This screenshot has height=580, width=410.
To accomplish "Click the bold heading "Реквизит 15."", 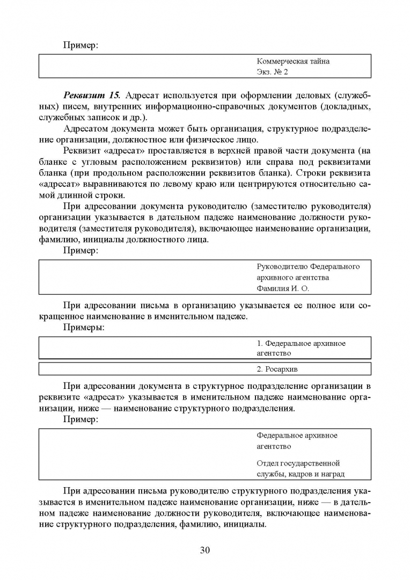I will [x=92, y=96].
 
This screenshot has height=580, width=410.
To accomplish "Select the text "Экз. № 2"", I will [x=273, y=71].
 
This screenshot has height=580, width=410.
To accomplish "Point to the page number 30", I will [x=204, y=549].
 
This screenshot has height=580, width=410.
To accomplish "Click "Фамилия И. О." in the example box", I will [x=283, y=288].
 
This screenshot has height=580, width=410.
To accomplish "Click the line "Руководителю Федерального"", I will [x=308, y=267].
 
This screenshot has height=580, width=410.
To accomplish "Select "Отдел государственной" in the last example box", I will [x=298, y=463].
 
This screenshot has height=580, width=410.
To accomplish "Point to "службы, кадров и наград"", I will [x=301, y=474].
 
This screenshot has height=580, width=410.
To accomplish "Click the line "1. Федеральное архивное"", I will [x=301, y=343].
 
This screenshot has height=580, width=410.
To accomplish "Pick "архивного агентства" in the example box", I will [x=292, y=278].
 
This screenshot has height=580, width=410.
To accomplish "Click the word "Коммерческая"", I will [x=278, y=61].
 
